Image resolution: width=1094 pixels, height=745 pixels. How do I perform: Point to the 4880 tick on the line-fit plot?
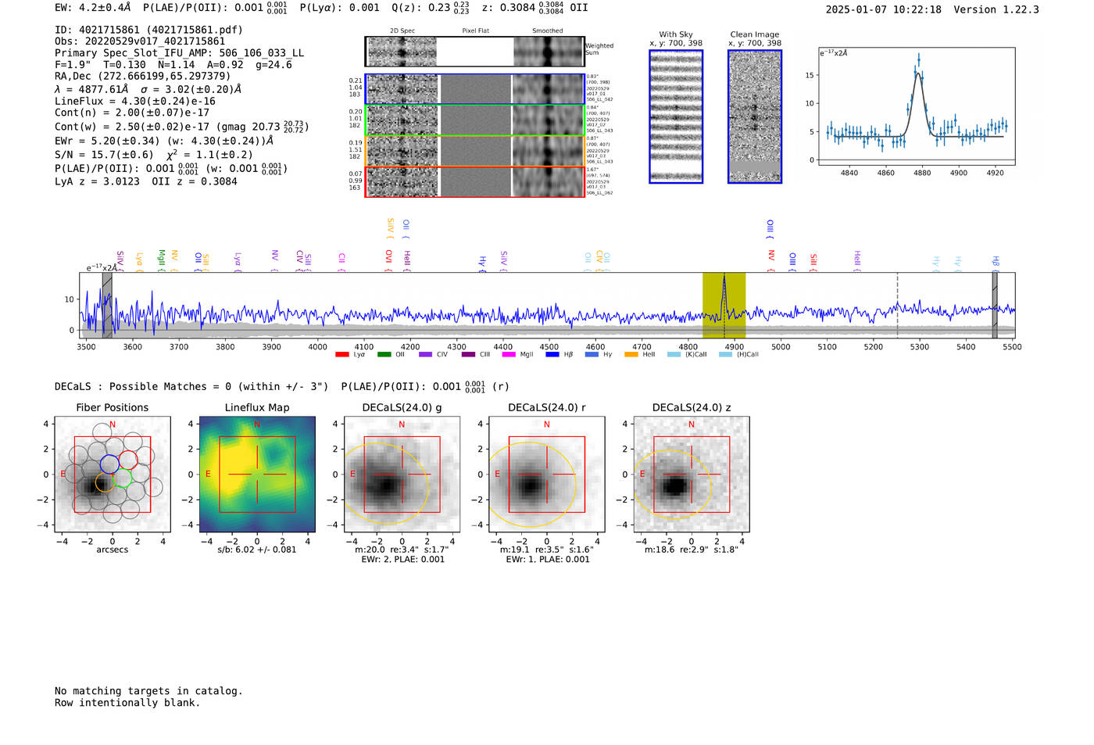[x=922, y=173]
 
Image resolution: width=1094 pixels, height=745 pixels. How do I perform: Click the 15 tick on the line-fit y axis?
[x=810, y=75]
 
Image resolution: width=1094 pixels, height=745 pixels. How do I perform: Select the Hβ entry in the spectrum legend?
[x=560, y=355]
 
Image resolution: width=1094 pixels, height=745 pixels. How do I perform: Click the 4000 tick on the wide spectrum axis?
[x=317, y=346]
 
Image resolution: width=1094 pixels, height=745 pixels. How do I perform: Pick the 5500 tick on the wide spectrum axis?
[x=1012, y=346]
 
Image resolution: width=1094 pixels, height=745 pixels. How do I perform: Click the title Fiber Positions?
[x=112, y=407]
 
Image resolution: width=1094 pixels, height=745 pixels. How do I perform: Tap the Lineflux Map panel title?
[x=257, y=407]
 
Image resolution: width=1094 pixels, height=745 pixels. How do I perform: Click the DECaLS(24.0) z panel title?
[x=692, y=407]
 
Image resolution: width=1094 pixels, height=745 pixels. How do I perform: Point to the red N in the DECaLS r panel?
[x=547, y=424]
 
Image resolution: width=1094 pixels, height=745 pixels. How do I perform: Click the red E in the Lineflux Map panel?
[x=208, y=475]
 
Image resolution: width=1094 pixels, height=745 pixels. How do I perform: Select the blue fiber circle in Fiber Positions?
[x=109, y=464]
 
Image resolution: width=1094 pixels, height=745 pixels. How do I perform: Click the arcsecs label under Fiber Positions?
[x=112, y=550]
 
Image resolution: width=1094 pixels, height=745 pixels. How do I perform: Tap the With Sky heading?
[x=676, y=34]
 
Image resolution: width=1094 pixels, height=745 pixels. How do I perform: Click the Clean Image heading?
[x=754, y=34]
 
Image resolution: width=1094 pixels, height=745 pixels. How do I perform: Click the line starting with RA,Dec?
[x=142, y=76]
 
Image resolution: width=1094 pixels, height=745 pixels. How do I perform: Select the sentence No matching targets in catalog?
[x=148, y=691]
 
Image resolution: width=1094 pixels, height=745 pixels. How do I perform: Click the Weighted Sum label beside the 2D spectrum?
[x=599, y=48]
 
